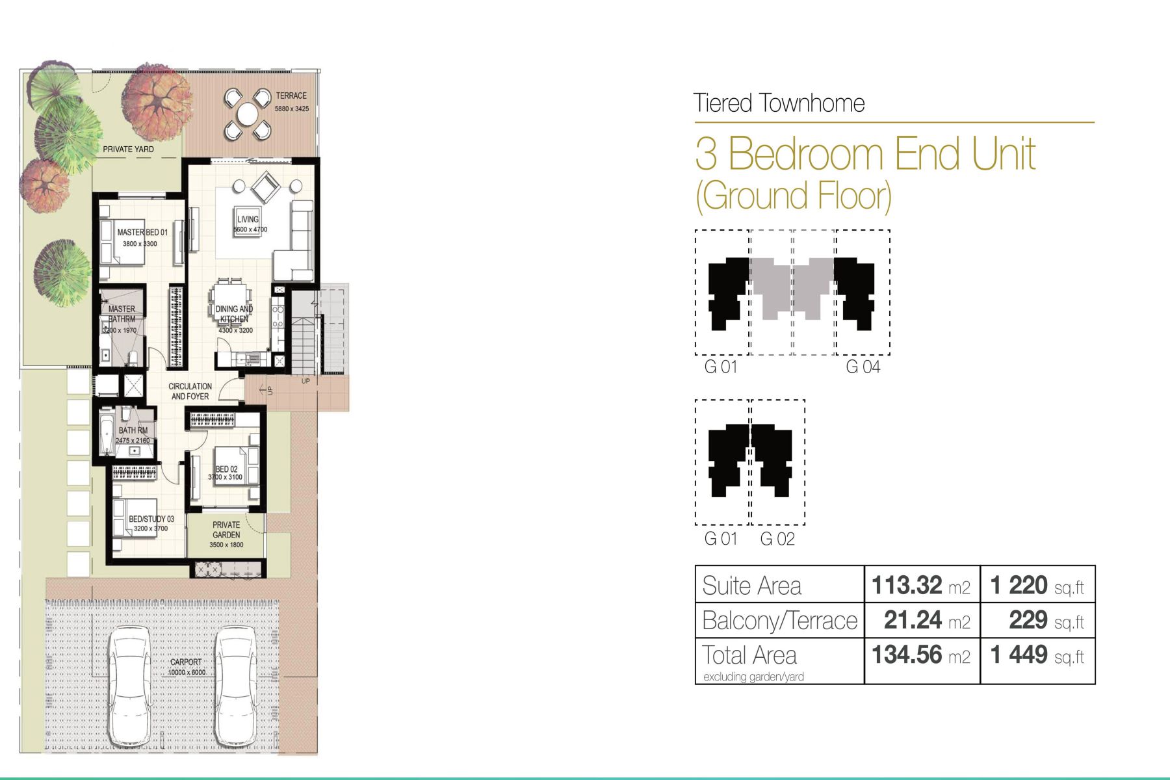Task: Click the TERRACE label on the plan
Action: click(291, 96)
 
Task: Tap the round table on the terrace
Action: click(248, 115)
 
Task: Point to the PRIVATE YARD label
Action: click(128, 149)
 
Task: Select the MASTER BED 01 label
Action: click(142, 232)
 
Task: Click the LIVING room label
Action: click(248, 219)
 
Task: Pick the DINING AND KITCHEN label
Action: click(234, 314)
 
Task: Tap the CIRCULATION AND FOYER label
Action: click(190, 391)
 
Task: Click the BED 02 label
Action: click(226, 469)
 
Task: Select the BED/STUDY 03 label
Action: click(151, 519)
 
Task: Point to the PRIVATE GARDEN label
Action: click(226, 530)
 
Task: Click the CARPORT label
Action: click(186, 662)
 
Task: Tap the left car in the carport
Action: click(131, 686)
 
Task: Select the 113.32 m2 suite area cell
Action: click(921, 585)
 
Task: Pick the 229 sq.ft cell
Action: click(1046, 620)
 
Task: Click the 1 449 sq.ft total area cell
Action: click(1037, 655)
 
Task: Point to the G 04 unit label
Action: click(863, 367)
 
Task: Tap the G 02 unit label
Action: click(777, 539)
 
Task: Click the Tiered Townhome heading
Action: click(779, 103)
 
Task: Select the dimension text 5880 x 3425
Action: click(292, 109)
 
